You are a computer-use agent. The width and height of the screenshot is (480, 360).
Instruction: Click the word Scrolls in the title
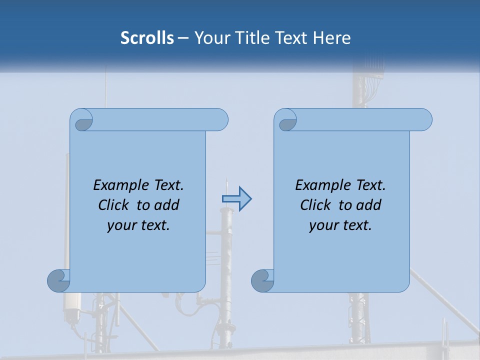point(147,38)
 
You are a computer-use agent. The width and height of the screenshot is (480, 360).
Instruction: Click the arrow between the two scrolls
point(236,198)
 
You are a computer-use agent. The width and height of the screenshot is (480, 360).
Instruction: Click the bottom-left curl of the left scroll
point(58,281)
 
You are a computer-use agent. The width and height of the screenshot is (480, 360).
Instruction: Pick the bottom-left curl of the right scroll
point(262,281)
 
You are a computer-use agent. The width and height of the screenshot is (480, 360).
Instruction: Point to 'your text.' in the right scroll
point(340,225)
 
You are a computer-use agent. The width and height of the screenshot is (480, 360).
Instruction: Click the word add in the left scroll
point(166,205)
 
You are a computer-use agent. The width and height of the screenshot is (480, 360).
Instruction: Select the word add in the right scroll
point(368,205)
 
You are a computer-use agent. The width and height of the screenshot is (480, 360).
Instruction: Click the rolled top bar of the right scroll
point(360,120)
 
